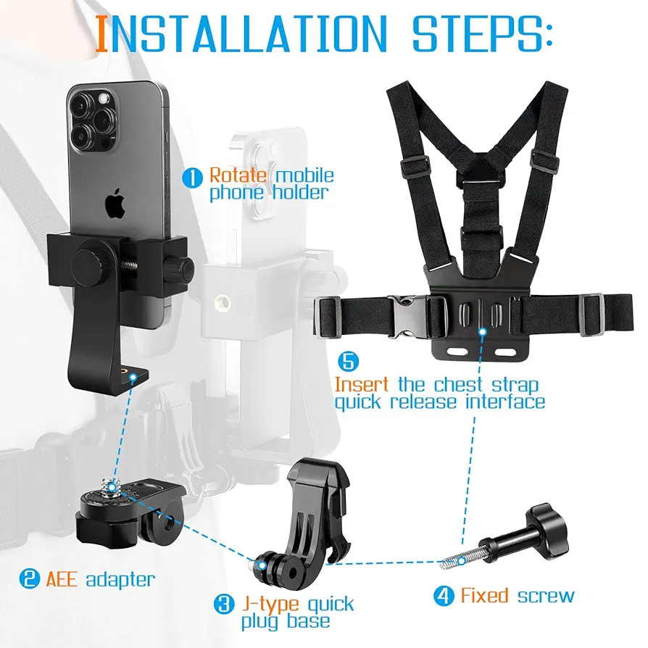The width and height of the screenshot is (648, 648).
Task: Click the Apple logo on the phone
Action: (115, 205)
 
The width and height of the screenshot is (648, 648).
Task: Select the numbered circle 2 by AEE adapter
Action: (30, 579)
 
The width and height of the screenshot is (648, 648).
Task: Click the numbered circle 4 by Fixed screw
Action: (444, 597)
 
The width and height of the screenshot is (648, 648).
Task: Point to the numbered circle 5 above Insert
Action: (349, 360)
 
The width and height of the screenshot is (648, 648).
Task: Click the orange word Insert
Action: (361, 384)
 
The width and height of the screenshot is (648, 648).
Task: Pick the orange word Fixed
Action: (484, 596)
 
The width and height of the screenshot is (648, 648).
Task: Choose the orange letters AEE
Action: (62, 579)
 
